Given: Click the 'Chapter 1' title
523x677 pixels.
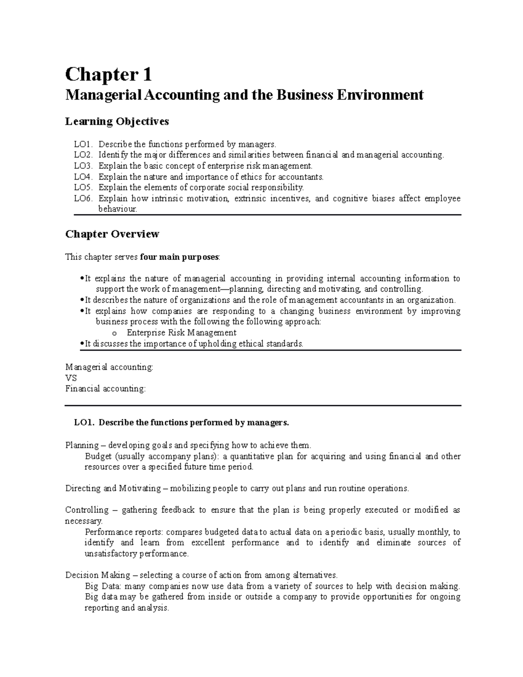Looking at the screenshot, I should point(109,75).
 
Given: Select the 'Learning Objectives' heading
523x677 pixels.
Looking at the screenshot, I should point(117,122).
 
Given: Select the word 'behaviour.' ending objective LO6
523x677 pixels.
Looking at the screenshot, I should point(118,209).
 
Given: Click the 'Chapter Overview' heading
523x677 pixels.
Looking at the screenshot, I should point(112,234).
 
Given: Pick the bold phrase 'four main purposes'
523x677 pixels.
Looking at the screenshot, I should point(180,257).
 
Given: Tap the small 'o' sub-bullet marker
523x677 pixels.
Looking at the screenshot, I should point(115,333).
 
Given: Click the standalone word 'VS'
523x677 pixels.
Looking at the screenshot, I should point(71,378).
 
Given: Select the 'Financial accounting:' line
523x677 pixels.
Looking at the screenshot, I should point(105,388).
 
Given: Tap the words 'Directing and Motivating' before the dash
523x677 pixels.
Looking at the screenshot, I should point(113,488).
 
